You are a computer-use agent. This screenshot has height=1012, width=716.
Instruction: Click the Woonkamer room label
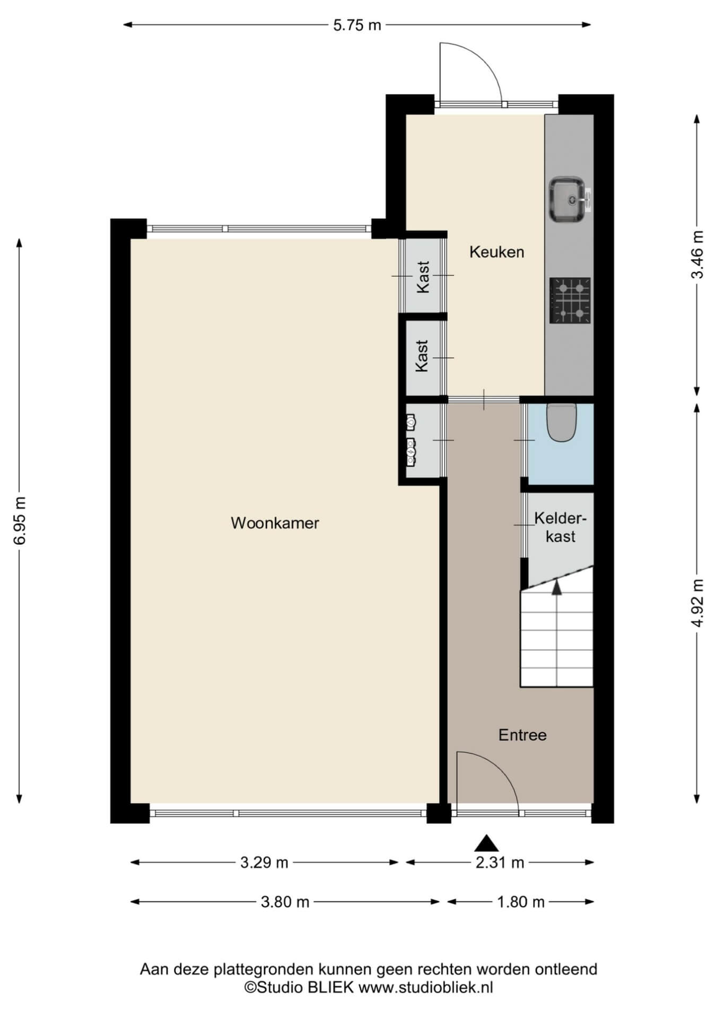[x=275, y=523]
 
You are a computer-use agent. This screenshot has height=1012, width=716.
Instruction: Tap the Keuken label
[x=496, y=252]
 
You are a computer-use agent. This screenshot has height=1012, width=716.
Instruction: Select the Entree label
[x=522, y=735]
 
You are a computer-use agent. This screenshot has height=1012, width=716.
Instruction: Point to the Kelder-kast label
[x=561, y=527]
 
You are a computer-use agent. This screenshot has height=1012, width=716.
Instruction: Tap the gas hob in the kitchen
[x=570, y=301]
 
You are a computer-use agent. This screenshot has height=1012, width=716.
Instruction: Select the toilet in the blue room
[x=561, y=423]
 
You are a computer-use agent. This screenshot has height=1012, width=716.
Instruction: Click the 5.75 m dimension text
[x=357, y=25]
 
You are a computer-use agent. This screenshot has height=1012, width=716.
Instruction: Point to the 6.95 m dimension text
[x=20, y=520]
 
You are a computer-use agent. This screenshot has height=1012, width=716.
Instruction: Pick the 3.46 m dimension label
[x=697, y=254]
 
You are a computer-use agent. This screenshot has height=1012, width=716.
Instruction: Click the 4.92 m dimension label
[x=697, y=603]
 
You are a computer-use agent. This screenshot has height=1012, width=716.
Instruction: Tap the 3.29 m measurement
[x=264, y=863]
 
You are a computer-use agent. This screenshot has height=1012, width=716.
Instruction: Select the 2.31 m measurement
[x=500, y=863]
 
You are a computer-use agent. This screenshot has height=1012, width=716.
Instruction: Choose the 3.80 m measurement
[x=285, y=902]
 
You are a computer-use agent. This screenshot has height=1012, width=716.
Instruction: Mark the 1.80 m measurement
[x=521, y=902]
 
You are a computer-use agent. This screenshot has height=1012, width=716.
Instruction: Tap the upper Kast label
[x=423, y=277]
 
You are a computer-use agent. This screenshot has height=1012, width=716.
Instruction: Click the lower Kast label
[x=422, y=356]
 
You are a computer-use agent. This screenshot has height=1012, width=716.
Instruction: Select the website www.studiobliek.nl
[x=426, y=987]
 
